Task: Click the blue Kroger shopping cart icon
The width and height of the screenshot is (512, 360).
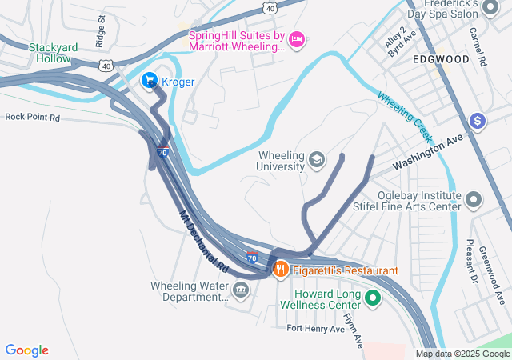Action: click(150, 81)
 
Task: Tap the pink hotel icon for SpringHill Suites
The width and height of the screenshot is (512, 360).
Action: click(296, 39)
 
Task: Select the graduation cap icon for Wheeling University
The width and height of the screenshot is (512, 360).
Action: click(317, 160)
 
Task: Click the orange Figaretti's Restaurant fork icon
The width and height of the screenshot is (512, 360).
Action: click(280, 270)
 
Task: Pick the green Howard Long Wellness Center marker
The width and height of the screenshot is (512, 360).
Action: click(372, 299)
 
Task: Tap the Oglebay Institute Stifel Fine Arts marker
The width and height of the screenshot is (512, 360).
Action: click(474, 199)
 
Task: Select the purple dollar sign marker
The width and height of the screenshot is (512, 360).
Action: click(478, 121)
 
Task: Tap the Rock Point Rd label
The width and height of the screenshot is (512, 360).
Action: click(33, 117)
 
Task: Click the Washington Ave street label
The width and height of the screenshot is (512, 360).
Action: click(433, 149)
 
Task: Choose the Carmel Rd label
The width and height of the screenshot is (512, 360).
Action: click(478, 46)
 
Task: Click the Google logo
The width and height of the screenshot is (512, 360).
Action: click(27, 350)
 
